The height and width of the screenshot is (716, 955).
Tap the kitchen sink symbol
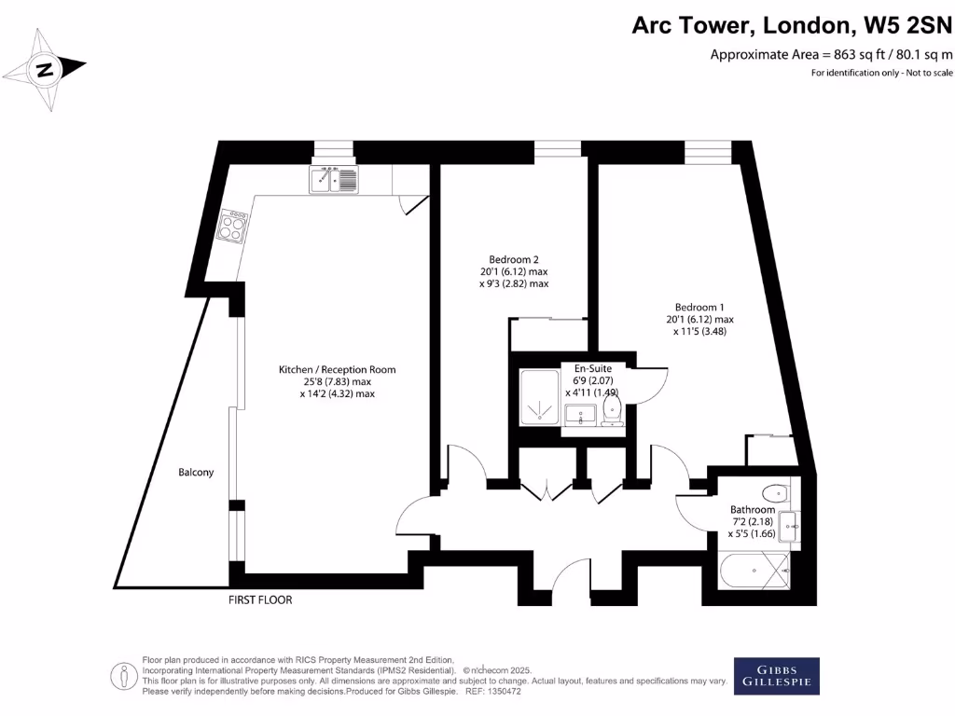pyautogui.click(x=334, y=179)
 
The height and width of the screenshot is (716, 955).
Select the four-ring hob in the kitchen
pyautogui.click(x=235, y=225)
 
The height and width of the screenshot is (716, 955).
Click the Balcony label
pyautogui.click(x=196, y=473)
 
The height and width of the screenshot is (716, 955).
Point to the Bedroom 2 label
pyautogui.click(x=514, y=259)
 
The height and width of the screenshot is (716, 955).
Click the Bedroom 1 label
pyautogui.click(x=699, y=307)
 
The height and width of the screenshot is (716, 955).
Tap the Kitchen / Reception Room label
pyautogui.click(x=337, y=370)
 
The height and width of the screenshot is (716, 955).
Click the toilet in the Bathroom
pyautogui.click(x=773, y=492)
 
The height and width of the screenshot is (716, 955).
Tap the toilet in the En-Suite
pyautogui.click(x=613, y=411)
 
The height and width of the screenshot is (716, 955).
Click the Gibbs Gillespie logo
pyautogui.click(x=776, y=676)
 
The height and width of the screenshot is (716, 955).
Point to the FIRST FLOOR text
pyautogui.click(x=260, y=599)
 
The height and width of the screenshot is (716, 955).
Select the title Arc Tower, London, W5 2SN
pyautogui.click(x=792, y=25)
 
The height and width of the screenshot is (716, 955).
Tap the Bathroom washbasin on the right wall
pyautogui.click(x=788, y=526)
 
